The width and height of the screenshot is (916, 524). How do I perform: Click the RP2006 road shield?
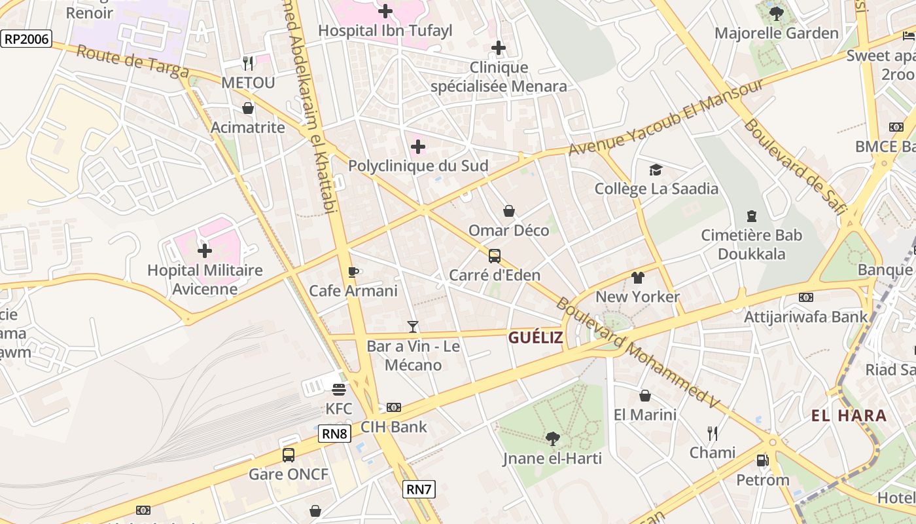click(x=26, y=39)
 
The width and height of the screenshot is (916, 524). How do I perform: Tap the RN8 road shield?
click(x=334, y=434)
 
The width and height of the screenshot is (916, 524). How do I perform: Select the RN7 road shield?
click(x=419, y=489)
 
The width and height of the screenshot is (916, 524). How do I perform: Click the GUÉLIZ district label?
click(x=535, y=338)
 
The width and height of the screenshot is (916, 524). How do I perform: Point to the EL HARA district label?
click(x=849, y=415)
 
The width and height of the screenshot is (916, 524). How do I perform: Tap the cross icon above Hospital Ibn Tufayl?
click(x=385, y=11)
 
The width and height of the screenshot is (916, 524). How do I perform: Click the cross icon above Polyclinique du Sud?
click(x=418, y=147)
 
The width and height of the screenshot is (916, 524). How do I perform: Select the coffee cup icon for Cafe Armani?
click(x=353, y=272)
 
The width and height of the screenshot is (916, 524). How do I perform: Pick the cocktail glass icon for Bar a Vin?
click(x=413, y=326)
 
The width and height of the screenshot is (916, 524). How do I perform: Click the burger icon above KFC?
click(x=339, y=390)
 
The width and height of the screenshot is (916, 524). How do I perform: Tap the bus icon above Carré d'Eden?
click(x=495, y=256)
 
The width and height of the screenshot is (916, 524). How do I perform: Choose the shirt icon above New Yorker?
click(x=638, y=278)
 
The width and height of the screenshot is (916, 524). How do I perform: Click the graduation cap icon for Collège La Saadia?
click(x=656, y=170)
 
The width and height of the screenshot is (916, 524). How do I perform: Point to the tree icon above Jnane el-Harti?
click(x=552, y=439)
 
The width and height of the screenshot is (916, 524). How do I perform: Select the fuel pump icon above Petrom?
click(x=762, y=460)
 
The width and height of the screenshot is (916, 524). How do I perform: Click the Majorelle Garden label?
click(x=776, y=33)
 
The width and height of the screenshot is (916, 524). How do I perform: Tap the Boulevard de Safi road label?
click(x=794, y=167)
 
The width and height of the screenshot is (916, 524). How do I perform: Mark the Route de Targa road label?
click(x=132, y=62)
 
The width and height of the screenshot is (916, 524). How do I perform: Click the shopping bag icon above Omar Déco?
click(x=509, y=211)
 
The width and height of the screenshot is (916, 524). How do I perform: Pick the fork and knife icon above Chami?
click(x=713, y=433)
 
